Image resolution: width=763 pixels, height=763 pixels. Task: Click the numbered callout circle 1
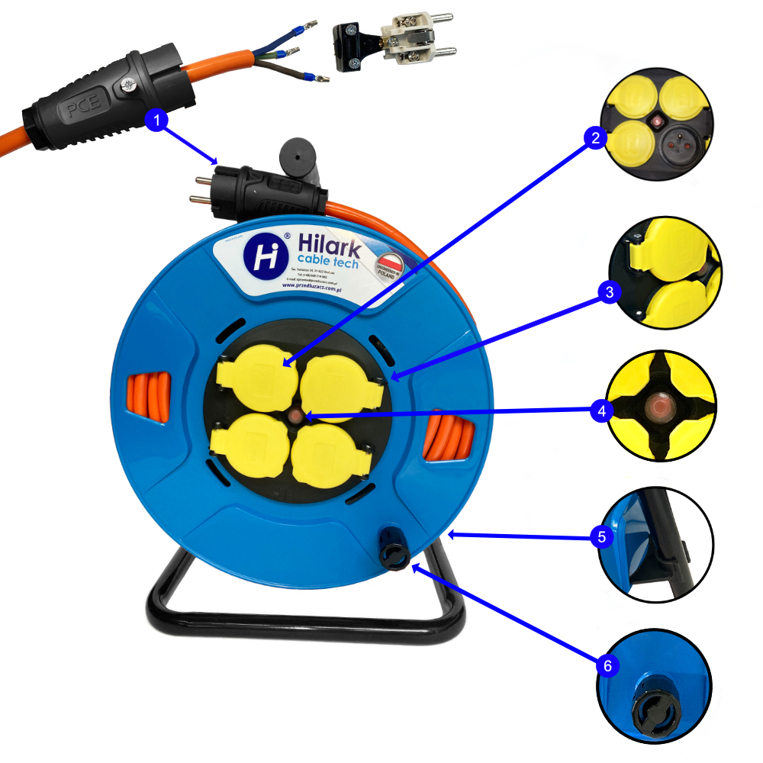click(156, 121)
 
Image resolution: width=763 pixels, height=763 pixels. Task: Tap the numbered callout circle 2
click(595, 137)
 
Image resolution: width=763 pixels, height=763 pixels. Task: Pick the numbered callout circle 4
click(602, 410)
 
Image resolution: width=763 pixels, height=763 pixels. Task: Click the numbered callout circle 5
click(602, 536)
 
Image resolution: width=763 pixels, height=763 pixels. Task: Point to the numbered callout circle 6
click(607, 665)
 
